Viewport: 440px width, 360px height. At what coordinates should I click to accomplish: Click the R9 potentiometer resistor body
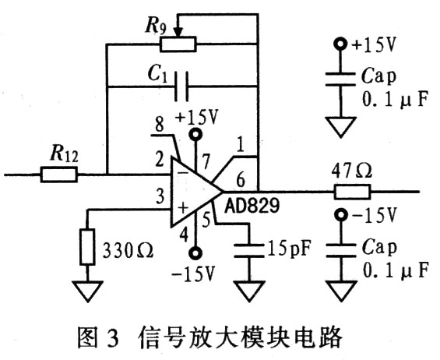pos(178,44)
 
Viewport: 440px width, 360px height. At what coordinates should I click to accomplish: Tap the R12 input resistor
pos(58,175)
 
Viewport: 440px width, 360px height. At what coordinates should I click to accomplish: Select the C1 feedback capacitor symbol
pos(181,86)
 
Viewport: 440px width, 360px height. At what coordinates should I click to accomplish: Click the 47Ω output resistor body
pos(352,192)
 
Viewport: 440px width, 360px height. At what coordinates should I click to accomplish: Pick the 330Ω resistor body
pos(87,247)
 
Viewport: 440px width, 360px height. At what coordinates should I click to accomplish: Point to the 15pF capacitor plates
pos(249,250)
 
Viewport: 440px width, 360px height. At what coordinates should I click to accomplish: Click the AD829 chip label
pos(252,206)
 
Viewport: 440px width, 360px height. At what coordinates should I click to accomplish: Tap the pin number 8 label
pos(160,124)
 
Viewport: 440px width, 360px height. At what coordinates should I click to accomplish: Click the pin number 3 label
pos(160,196)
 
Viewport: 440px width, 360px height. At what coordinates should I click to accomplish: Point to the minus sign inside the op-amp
pos(183,173)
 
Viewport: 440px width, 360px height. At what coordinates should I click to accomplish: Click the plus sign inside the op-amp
pos(183,208)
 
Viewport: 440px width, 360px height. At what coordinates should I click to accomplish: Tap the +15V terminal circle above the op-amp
pos(195,134)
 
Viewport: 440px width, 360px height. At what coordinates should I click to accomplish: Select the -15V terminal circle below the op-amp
pos(195,253)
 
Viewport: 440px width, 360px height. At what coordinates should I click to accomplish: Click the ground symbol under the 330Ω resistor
pos(87,291)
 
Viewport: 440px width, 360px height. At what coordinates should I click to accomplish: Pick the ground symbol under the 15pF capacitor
pos(249,291)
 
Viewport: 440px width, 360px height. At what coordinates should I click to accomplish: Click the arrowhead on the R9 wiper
pos(178,32)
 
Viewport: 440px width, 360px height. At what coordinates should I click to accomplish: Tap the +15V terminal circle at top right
pos(340,44)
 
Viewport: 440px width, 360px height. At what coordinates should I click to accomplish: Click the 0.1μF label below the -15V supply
pos(396,270)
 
